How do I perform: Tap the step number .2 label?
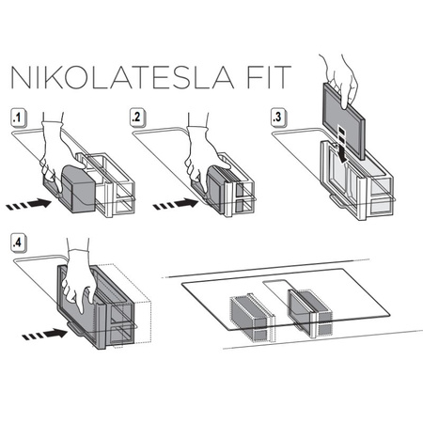[x=139, y=119]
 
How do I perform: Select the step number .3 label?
[x=279, y=119]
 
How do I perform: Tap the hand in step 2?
[x=202, y=150]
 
